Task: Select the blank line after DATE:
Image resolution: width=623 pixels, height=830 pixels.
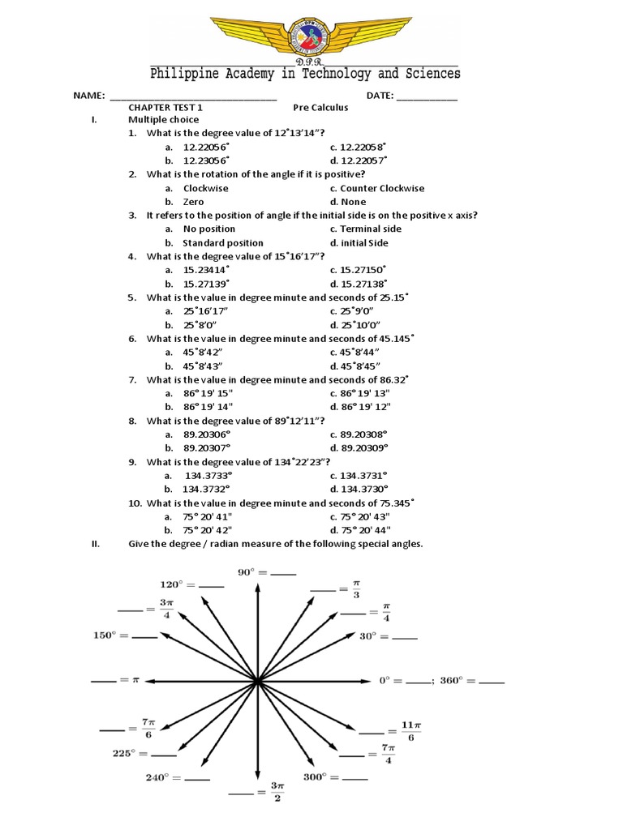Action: tap(427, 96)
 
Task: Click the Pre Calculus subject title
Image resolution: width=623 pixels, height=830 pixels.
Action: tap(320, 107)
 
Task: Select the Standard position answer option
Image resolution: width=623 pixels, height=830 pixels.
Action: tap(222, 242)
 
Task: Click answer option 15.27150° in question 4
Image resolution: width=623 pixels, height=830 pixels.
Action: tap(363, 270)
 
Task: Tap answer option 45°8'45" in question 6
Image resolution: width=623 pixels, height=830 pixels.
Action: tap(360, 366)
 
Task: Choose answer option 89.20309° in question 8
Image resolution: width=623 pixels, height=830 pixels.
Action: tap(364, 447)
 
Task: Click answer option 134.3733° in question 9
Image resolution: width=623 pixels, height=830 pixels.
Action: tap(208, 475)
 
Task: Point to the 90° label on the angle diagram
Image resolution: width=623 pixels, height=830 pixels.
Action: tap(247, 572)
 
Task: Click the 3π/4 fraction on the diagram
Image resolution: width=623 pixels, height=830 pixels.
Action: tap(166, 608)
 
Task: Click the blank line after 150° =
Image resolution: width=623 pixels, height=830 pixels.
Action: tap(144, 637)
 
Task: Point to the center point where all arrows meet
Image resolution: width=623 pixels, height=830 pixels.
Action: tap(257, 682)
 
